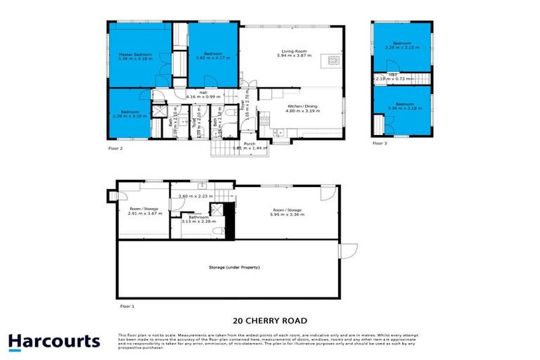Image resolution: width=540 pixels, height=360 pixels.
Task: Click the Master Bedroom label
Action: [136, 54]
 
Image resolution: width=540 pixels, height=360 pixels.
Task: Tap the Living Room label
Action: [292, 51]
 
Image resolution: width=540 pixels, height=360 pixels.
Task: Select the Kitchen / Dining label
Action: [302, 105]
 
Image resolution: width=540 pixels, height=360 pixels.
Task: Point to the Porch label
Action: [250, 143]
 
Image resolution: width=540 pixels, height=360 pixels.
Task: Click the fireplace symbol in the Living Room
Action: [328, 61]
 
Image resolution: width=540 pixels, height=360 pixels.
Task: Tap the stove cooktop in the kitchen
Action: [266, 120]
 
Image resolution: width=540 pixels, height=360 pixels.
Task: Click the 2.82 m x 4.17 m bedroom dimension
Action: [213, 59]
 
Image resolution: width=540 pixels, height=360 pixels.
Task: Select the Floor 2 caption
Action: [116, 149]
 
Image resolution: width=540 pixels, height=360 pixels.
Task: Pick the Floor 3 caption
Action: [380, 143]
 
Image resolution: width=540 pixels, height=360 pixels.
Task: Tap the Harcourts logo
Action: [54, 342]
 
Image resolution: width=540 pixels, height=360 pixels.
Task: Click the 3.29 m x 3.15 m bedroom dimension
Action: [402, 48]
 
